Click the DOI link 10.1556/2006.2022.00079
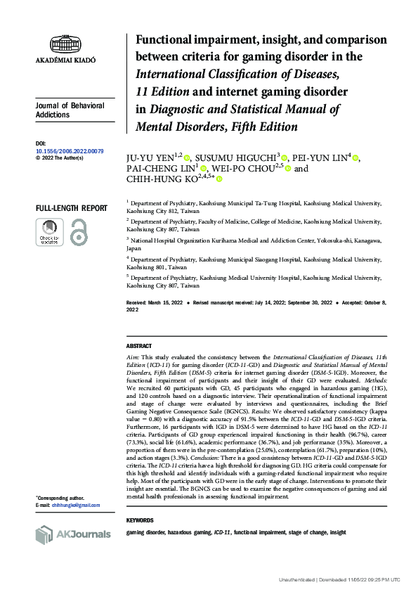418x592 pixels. pyautogui.click(x=69, y=151)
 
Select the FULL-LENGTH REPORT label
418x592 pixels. pyautogui.click(x=72, y=208)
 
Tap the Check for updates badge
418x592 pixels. pyautogui.click(x=49, y=231)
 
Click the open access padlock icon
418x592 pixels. pyautogui.click(x=80, y=231)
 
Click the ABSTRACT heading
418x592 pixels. pyautogui.click(x=138, y=347)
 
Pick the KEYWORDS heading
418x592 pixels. pyautogui.click(x=139, y=520)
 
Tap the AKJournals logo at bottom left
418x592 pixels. pyautogui.click(x=73, y=535)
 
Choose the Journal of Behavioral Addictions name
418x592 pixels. pyautogui.click(x=70, y=110)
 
